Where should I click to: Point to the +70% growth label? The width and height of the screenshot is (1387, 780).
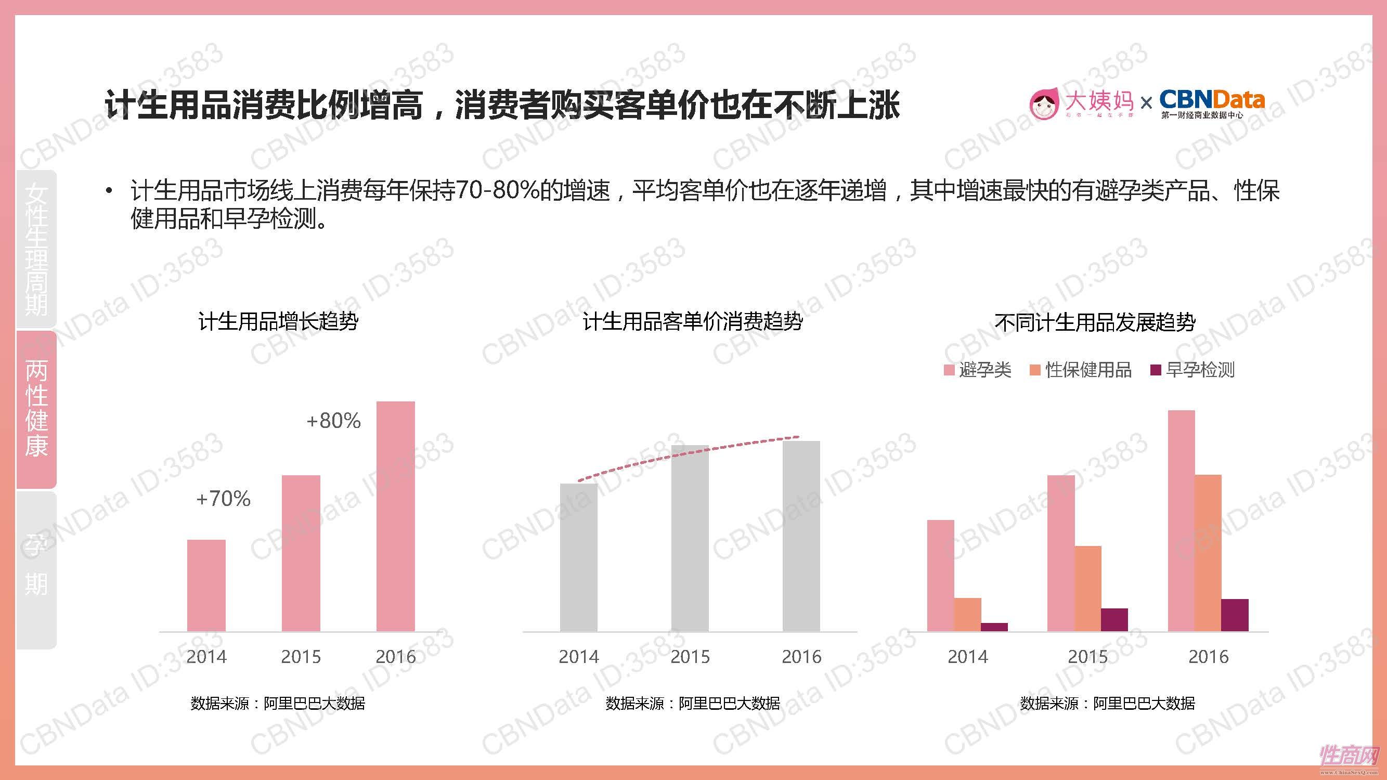click(x=224, y=499)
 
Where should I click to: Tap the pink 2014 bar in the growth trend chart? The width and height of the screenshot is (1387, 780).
click(x=206, y=585)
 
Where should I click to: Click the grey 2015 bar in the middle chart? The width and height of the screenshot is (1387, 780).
click(x=690, y=538)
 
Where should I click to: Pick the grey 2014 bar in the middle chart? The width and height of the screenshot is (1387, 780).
click(x=578, y=557)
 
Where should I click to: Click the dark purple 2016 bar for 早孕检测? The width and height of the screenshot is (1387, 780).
click(x=1235, y=615)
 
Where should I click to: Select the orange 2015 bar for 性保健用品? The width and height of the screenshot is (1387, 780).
click(x=1087, y=588)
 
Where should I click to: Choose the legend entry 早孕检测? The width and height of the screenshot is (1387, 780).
click(x=1193, y=370)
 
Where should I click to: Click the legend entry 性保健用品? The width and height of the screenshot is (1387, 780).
click(x=1081, y=370)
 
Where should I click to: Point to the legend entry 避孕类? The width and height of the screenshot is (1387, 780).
click(x=978, y=370)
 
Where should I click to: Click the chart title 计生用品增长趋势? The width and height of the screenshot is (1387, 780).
click(x=278, y=321)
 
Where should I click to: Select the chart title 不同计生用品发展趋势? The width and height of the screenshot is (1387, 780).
click(x=1095, y=322)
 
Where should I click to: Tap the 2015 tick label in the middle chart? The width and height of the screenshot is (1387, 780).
click(x=690, y=657)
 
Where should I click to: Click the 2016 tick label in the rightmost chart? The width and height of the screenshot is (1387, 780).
click(x=1208, y=657)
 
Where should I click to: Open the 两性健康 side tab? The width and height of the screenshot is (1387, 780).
click(x=36, y=409)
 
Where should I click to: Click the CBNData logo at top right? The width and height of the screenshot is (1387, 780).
click(x=1211, y=104)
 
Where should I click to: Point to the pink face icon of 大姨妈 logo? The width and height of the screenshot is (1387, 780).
click(x=1043, y=104)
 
